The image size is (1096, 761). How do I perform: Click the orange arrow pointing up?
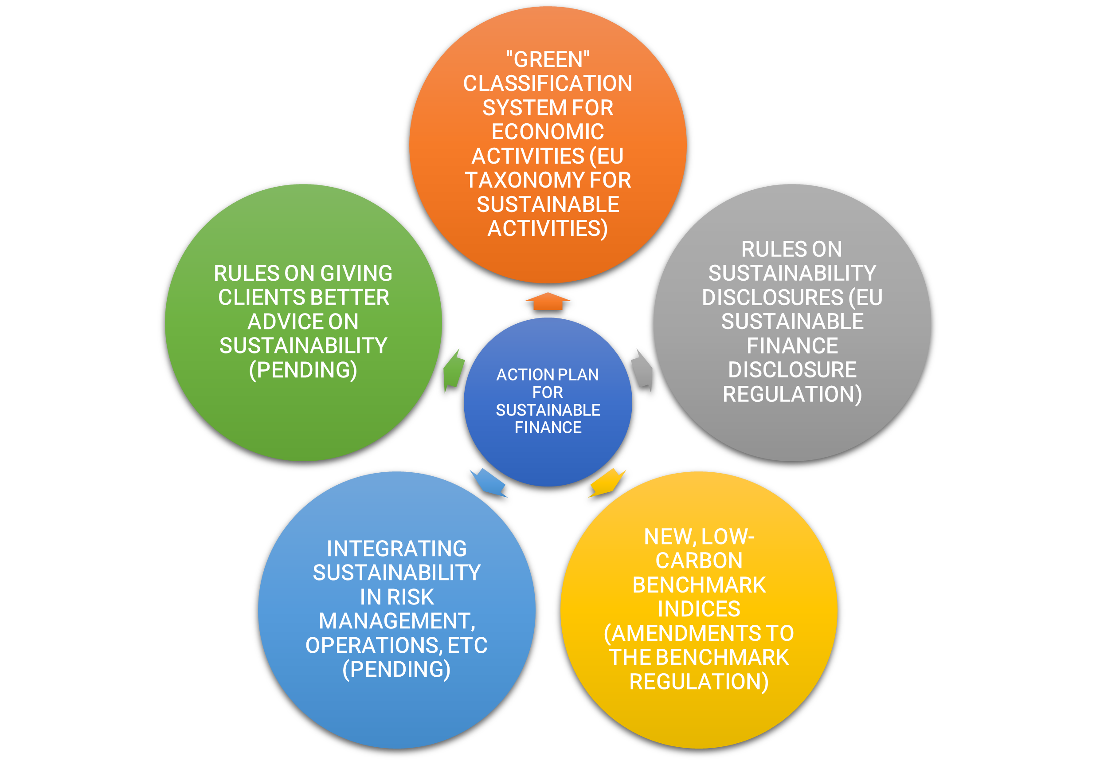click(x=548, y=302)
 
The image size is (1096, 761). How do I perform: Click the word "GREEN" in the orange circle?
click(x=548, y=59)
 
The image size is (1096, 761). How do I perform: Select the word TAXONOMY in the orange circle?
click(x=524, y=180)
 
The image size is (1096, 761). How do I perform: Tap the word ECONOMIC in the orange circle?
click(x=548, y=132)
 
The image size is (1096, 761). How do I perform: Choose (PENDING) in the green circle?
click(x=303, y=370)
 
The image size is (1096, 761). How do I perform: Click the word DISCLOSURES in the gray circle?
click(x=772, y=298)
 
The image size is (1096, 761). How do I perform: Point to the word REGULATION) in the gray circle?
click(x=792, y=394)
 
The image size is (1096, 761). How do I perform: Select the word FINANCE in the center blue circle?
click(x=548, y=428)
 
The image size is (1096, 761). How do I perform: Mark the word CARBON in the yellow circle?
click(x=699, y=561)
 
